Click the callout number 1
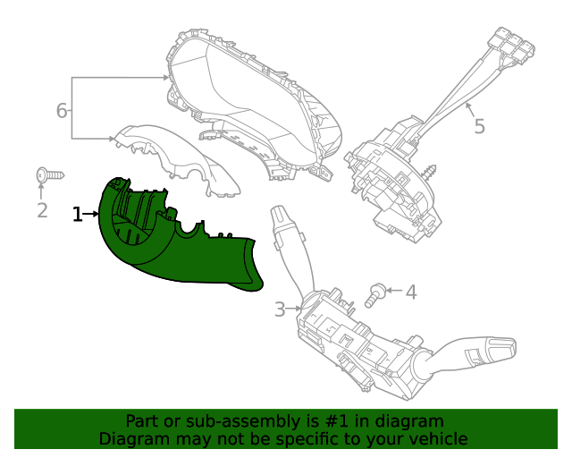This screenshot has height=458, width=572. click(78, 214)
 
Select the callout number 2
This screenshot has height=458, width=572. click(42, 210)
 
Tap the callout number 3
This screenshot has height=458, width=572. click(280, 310)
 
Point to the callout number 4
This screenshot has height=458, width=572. click(411, 293)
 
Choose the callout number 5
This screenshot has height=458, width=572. click(479, 126)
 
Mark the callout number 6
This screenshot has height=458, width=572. click(62, 111)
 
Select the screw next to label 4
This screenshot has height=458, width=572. click(379, 293)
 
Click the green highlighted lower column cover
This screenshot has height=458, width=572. click(179, 250)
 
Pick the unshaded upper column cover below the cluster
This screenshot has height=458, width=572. click(179, 157)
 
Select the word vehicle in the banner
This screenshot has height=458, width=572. click(435, 438)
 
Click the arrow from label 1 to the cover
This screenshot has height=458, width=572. click(92, 214)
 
